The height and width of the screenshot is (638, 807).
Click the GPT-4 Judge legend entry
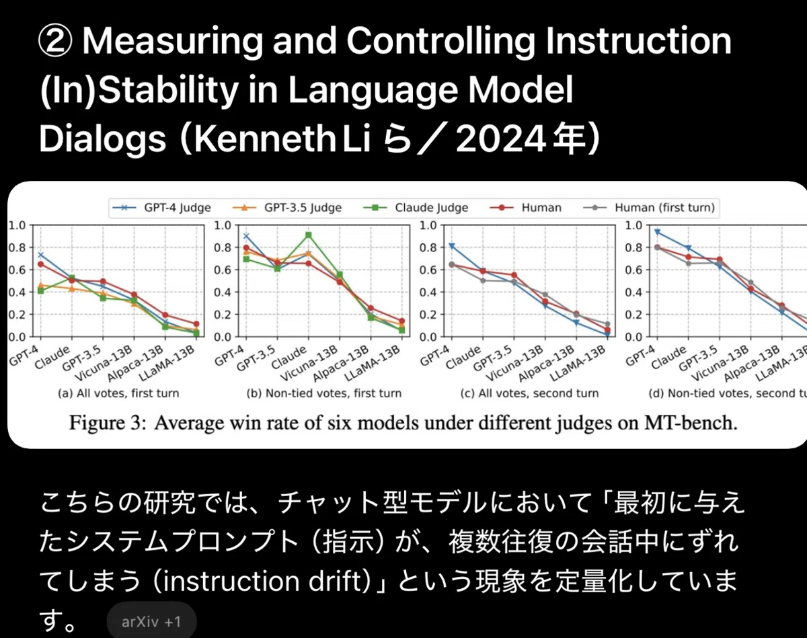coord(161,208)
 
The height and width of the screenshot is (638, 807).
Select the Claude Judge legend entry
coord(416,208)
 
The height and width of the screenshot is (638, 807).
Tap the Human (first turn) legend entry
coord(650,208)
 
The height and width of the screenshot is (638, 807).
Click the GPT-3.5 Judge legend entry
coord(287,208)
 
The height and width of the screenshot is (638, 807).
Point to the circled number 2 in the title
coord(55,42)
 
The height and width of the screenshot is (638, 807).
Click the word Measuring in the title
coord(173,42)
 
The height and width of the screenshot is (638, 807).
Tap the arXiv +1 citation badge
coord(151,621)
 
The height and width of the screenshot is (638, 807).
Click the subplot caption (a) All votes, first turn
coord(118,393)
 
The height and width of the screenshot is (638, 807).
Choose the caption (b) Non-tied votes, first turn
coord(324,393)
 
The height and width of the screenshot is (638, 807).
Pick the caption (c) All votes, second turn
coord(529,393)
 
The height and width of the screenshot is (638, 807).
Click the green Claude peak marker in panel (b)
coord(308,235)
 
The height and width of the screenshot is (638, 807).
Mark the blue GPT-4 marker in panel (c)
coord(452,246)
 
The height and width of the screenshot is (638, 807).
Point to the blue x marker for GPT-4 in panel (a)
coord(40,255)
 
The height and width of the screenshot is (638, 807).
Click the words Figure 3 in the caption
coord(108,423)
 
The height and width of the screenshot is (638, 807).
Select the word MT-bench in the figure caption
coord(691,423)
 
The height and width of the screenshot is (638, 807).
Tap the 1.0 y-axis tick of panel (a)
coord(17,225)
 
